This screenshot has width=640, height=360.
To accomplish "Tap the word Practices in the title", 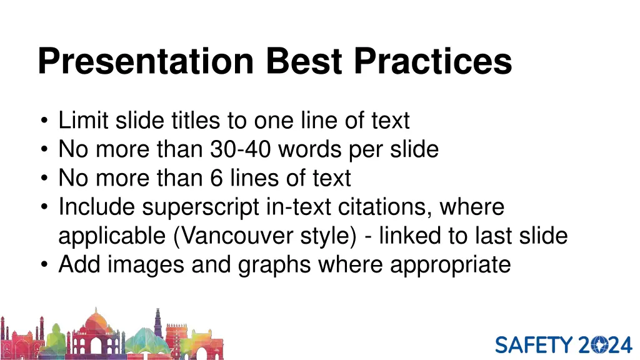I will (432, 61).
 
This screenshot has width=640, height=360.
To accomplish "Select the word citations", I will (378, 207).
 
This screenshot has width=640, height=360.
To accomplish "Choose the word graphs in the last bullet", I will (275, 265).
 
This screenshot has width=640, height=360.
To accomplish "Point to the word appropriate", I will (450, 265).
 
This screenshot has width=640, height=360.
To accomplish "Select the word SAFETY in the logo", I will (534, 345).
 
